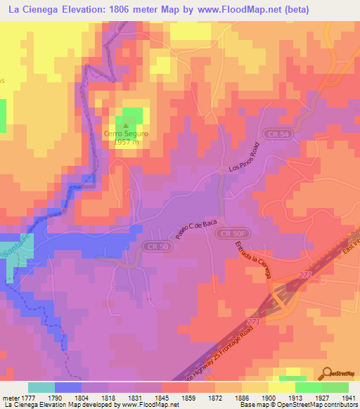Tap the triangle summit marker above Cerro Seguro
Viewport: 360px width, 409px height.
pyautogui.click(x=125, y=126)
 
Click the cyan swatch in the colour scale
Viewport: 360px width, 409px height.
pyautogui.click(x=41, y=387)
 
